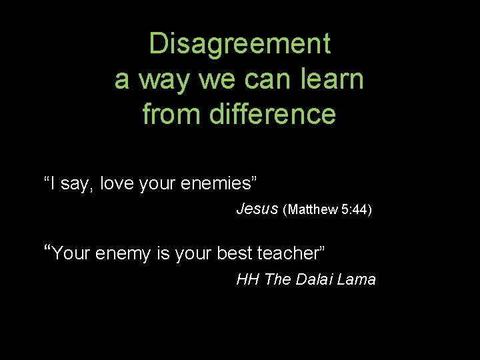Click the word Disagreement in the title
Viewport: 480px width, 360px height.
(x=239, y=44)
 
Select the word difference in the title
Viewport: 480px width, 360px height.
(x=273, y=114)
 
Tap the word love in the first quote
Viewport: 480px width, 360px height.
(x=118, y=183)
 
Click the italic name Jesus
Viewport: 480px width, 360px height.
(x=257, y=209)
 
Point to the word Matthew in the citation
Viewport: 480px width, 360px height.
(x=313, y=209)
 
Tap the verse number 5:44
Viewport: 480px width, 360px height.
(x=353, y=209)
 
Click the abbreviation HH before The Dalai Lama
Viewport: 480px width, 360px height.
(x=248, y=279)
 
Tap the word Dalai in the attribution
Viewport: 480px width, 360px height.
(x=313, y=279)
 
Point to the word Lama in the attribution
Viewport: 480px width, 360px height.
(x=357, y=279)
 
